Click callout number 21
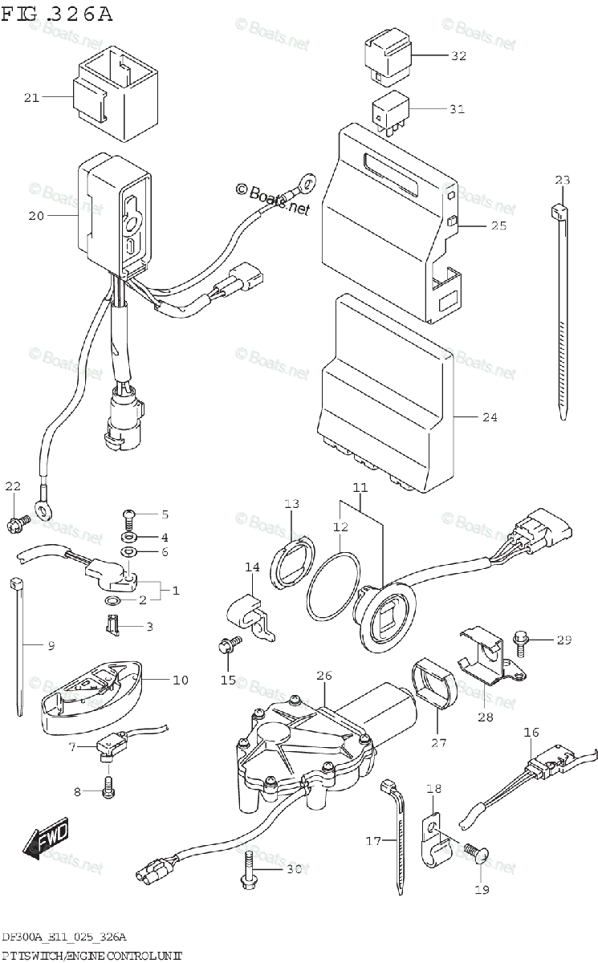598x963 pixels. [x=31, y=98]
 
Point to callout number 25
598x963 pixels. [x=498, y=226]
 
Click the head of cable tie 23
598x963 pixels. [x=559, y=213]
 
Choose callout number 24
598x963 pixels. [x=490, y=417]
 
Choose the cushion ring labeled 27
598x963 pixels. [x=433, y=687]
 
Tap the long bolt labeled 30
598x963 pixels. [x=250, y=869]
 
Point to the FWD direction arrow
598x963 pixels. [x=46, y=837]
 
